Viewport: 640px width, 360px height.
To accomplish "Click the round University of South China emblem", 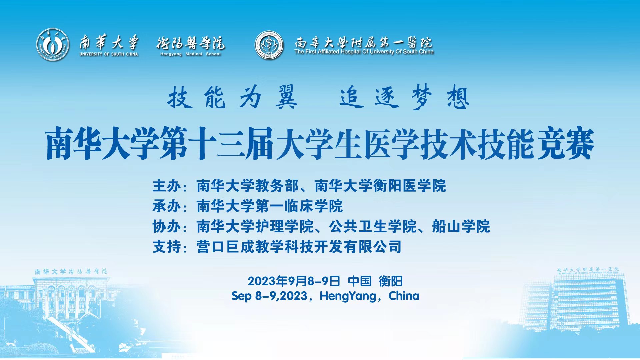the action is pyautogui.click(x=53, y=44).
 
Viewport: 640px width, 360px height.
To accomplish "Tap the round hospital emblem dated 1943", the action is pyautogui.click(x=269, y=45).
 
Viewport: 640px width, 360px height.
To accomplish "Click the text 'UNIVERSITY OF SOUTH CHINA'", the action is pyautogui.click(x=109, y=54).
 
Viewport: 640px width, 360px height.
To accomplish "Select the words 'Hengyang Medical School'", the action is pyautogui.click(x=190, y=54).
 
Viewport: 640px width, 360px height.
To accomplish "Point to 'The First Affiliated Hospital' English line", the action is pyautogui.click(x=364, y=52).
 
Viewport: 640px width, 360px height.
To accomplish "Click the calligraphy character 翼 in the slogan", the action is pyautogui.click(x=286, y=97).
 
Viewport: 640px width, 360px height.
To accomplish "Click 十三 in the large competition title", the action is pyautogui.click(x=217, y=144).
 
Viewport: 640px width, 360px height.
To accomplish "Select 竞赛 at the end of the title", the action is pyautogui.click(x=566, y=144).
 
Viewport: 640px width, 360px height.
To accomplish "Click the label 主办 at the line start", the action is pyautogui.click(x=167, y=186).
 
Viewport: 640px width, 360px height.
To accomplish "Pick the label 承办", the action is pyautogui.click(x=167, y=206).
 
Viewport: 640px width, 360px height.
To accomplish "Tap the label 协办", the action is pyautogui.click(x=167, y=227).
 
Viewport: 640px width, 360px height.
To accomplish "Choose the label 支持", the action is pyautogui.click(x=167, y=247).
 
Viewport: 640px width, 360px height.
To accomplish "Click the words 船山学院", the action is pyautogui.click(x=461, y=227).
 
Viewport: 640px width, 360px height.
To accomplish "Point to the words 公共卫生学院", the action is pyautogui.click(x=373, y=227).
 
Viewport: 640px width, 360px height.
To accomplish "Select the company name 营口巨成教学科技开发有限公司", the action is pyautogui.click(x=299, y=247).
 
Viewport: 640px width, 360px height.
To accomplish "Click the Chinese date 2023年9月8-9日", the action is pyautogui.click(x=294, y=281).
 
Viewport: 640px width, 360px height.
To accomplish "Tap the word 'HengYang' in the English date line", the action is pyautogui.click(x=348, y=296).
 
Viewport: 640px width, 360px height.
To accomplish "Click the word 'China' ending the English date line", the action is pyautogui.click(x=404, y=296).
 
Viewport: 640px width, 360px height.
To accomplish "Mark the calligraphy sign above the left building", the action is pyautogui.click(x=71, y=272).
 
